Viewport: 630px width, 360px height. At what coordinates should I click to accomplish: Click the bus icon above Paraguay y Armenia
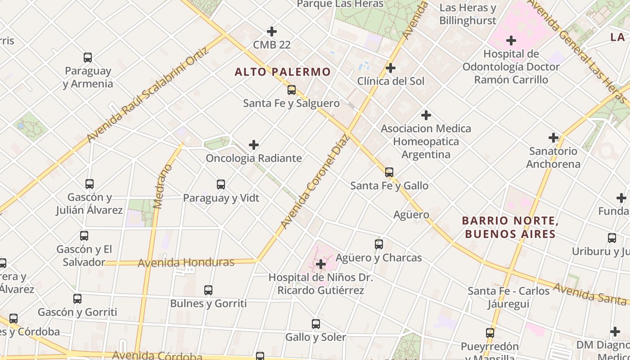coord(88,58)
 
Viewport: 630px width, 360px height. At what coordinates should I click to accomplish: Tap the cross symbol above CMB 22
coord(272,31)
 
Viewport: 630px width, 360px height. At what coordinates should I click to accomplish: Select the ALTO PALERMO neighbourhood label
coord(283,72)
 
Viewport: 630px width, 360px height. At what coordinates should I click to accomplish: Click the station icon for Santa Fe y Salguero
coord(292,90)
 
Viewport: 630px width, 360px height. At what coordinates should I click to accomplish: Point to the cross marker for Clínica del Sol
coord(391,68)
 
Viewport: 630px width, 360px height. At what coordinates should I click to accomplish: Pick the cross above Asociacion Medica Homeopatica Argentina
coord(426,115)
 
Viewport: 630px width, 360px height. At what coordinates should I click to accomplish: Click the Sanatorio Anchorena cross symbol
coord(553,138)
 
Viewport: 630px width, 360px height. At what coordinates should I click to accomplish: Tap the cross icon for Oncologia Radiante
coord(254,145)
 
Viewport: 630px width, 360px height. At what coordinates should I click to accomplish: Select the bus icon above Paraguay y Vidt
coord(221,184)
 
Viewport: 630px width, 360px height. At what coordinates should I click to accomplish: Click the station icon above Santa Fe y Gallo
coord(389,172)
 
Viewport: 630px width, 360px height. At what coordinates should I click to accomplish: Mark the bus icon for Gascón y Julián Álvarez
coord(90,184)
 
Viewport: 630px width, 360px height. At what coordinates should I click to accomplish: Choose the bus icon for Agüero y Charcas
coord(379,244)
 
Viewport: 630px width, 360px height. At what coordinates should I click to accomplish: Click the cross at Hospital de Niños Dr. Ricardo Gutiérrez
coord(321,264)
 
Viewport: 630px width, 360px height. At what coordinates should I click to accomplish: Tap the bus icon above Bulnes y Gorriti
coord(208,290)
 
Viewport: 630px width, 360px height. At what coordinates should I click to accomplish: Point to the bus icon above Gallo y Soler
coord(316,324)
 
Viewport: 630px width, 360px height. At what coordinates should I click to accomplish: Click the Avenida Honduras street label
coord(186,263)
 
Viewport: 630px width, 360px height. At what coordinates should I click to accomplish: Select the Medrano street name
coord(163,186)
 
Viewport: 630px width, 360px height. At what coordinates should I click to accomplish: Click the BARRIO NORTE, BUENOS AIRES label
coord(510,227)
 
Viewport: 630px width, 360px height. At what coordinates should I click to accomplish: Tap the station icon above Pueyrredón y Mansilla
coord(490,333)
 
